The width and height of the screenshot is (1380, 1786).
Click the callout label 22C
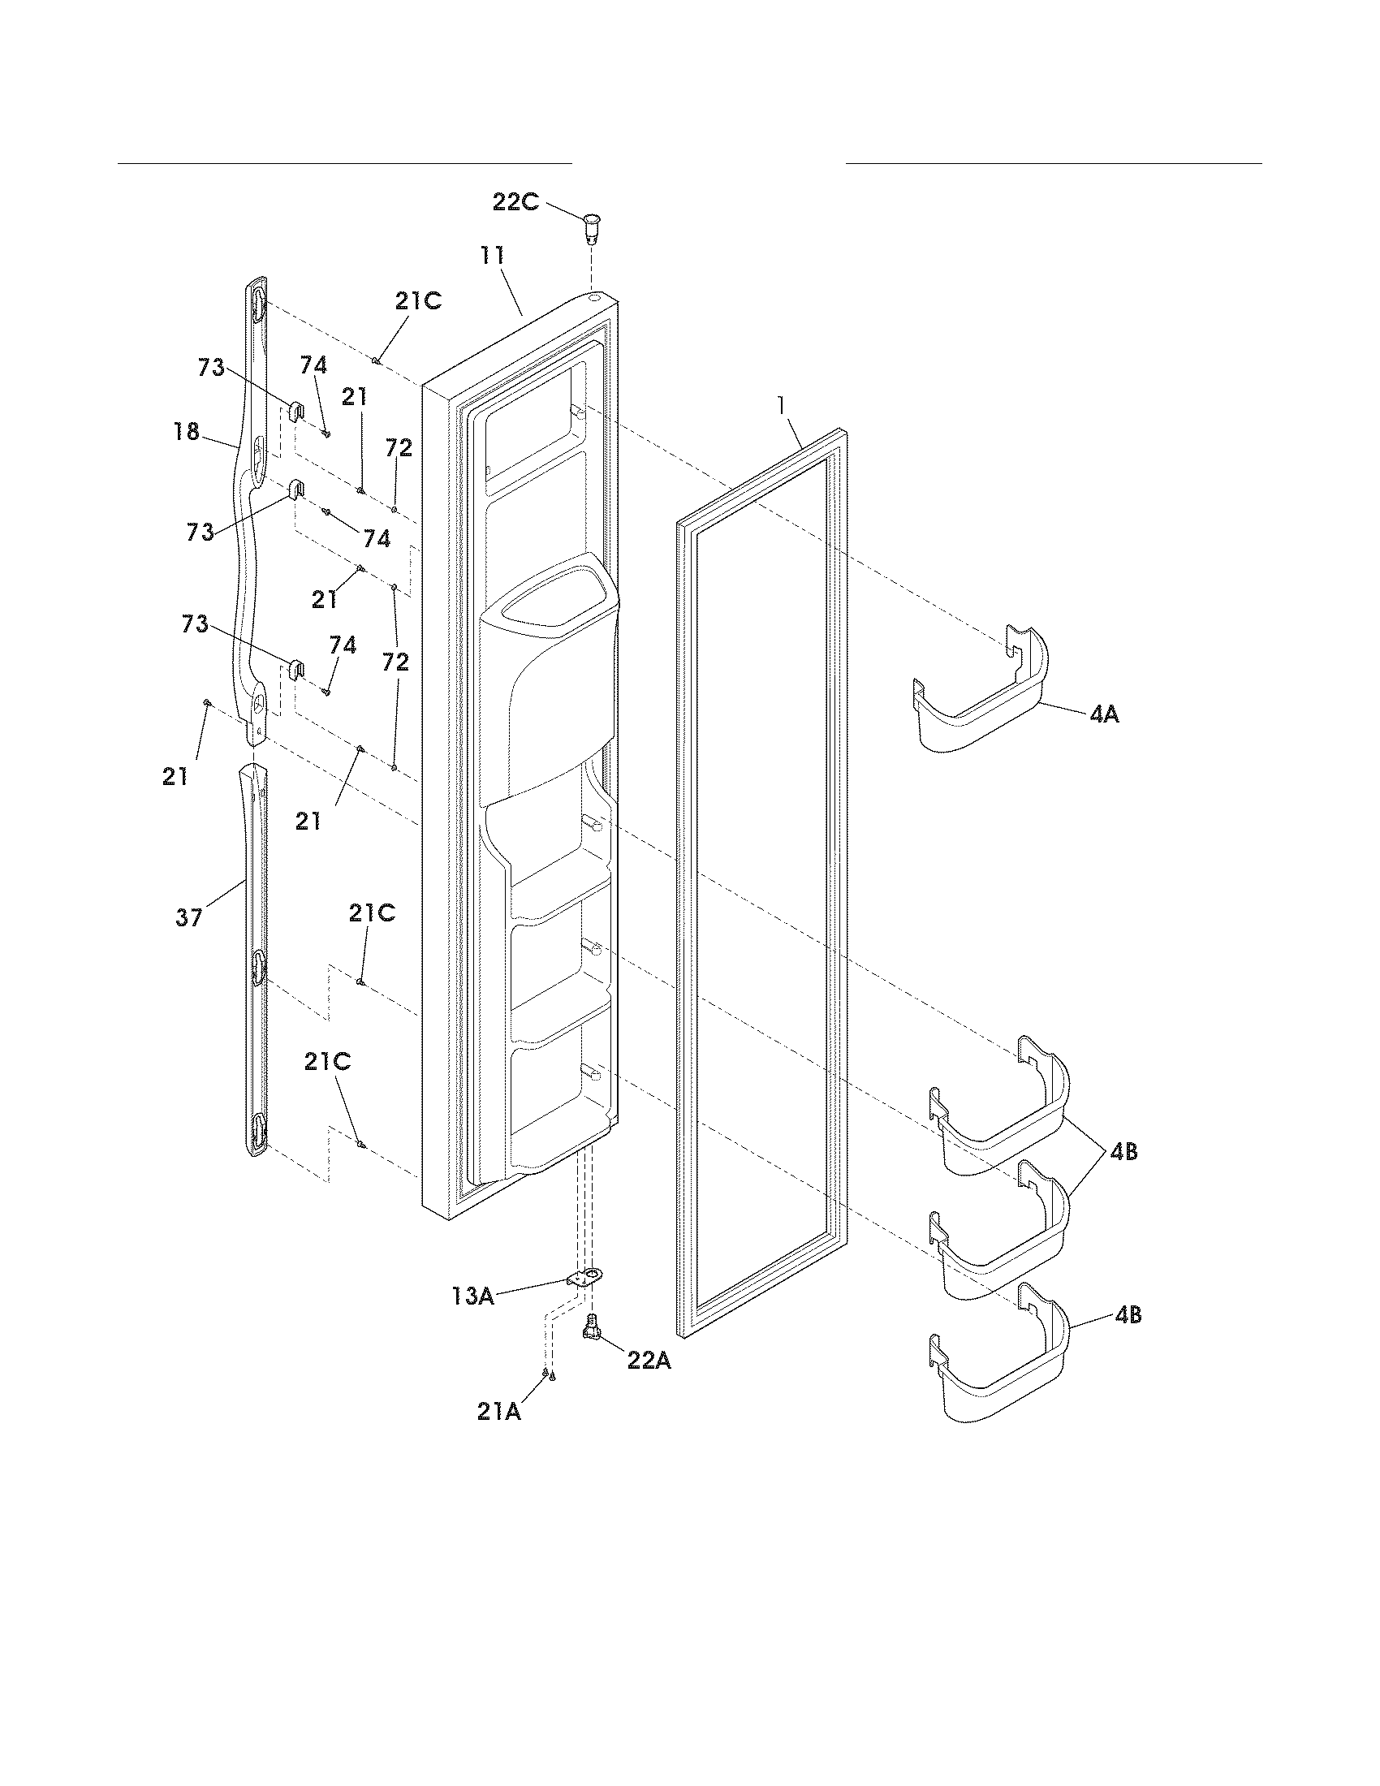click(x=515, y=201)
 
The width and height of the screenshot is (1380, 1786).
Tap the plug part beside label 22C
click(x=592, y=226)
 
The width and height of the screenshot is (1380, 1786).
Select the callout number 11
click(x=492, y=255)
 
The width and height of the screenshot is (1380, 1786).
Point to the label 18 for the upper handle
click(x=188, y=431)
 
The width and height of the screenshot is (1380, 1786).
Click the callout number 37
click(x=189, y=917)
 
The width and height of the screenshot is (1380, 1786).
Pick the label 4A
click(x=1104, y=714)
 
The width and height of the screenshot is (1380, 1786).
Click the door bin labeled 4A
click(x=981, y=703)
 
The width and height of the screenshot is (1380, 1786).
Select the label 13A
click(x=472, y=1296)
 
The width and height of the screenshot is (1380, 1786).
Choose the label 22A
click(x=649, y=1360)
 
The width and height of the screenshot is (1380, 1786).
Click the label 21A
click(x=499, y=1412)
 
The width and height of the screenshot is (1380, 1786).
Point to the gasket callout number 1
click(x=783, y=404)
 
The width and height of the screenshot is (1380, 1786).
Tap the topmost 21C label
click(x=418, y=301)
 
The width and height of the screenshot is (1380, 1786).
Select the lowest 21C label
click(x=327, y=1062)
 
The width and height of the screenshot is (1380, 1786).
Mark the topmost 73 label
click(x=211, y=368)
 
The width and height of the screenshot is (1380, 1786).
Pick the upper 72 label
click(x=399, y=447)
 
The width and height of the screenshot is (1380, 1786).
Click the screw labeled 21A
click(x=548, y=1375)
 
